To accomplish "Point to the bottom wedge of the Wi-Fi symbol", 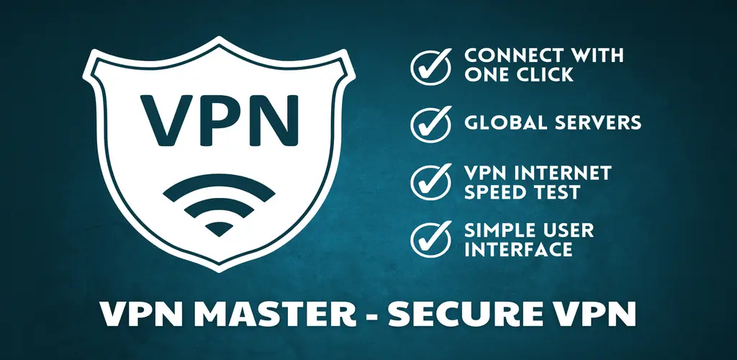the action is point(219,228).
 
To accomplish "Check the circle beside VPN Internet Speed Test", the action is point(430,182).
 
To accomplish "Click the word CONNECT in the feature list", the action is point(506,55).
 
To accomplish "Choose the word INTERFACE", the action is point(518,249).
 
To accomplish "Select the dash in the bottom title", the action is point(372,316).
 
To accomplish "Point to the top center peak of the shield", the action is point(219,37).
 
